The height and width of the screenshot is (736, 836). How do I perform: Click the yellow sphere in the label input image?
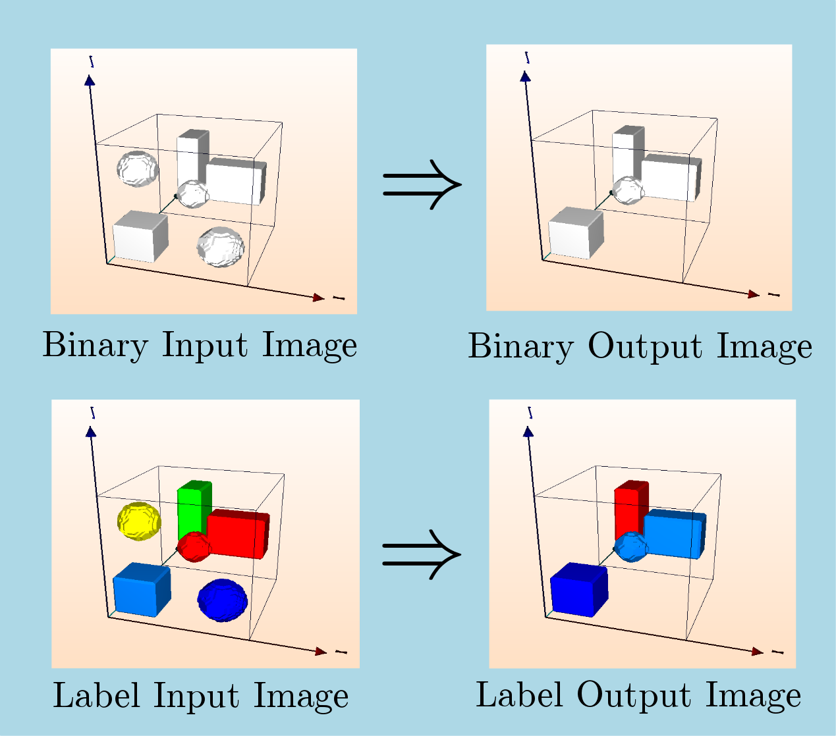[x=138, y=521]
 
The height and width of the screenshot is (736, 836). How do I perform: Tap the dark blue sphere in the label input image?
[x=223, y=600]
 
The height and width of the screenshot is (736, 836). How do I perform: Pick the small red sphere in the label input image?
[x=193, y=546]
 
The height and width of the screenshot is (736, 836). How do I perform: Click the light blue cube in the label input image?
[x=141, y=590]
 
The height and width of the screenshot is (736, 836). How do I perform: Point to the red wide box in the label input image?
[x=238, y=534]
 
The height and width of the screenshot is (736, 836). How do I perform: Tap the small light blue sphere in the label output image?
[x=631, y=546]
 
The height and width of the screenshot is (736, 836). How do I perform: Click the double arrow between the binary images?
[x=422, y=184]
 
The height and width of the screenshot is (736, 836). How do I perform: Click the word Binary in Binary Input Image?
[x=95, y=345]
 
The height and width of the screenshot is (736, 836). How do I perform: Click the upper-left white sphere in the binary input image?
[x=137, y=169]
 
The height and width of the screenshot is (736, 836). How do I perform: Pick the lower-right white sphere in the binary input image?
[x=221, y=247]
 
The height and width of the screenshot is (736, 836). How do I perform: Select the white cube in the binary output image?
[x=575, y=233]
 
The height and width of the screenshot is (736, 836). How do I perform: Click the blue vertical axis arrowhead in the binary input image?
[x=90, y=80]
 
